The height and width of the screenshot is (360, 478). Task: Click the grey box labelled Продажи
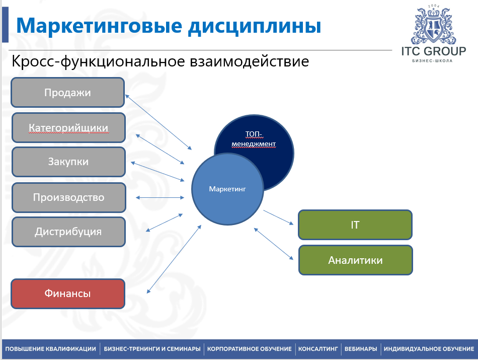point(68,93)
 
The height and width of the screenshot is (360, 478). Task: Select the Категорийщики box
point(68,127)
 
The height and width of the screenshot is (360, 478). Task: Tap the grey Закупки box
point(68,162)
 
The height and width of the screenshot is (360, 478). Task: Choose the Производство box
point(69,197)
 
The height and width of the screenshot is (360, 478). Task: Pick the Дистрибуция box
point(68,232)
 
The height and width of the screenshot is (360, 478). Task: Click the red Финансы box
point(68,294)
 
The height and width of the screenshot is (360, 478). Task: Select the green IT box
point(355,225)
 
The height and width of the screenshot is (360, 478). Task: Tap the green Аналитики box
point(355,260)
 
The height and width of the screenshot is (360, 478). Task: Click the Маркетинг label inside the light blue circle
point(227,189)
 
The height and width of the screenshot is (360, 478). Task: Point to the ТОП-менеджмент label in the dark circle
point(254,139)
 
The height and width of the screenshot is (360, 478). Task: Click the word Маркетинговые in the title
point(99,26)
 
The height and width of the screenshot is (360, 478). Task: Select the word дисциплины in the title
point(255,26)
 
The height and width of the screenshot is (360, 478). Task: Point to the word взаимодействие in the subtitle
point(250,61)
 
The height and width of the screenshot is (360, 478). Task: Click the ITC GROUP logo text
point(434,51)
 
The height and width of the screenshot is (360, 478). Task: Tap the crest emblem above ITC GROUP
point(433,24)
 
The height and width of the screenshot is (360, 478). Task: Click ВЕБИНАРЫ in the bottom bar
point(361,349)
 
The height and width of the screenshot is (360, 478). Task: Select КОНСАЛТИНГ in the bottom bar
point(318,349)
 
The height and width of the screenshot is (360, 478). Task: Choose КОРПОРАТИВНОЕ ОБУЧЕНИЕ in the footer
point(250,349)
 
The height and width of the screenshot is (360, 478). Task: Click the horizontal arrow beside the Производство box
point(160,198)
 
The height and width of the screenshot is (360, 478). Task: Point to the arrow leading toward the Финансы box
point(174,259)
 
